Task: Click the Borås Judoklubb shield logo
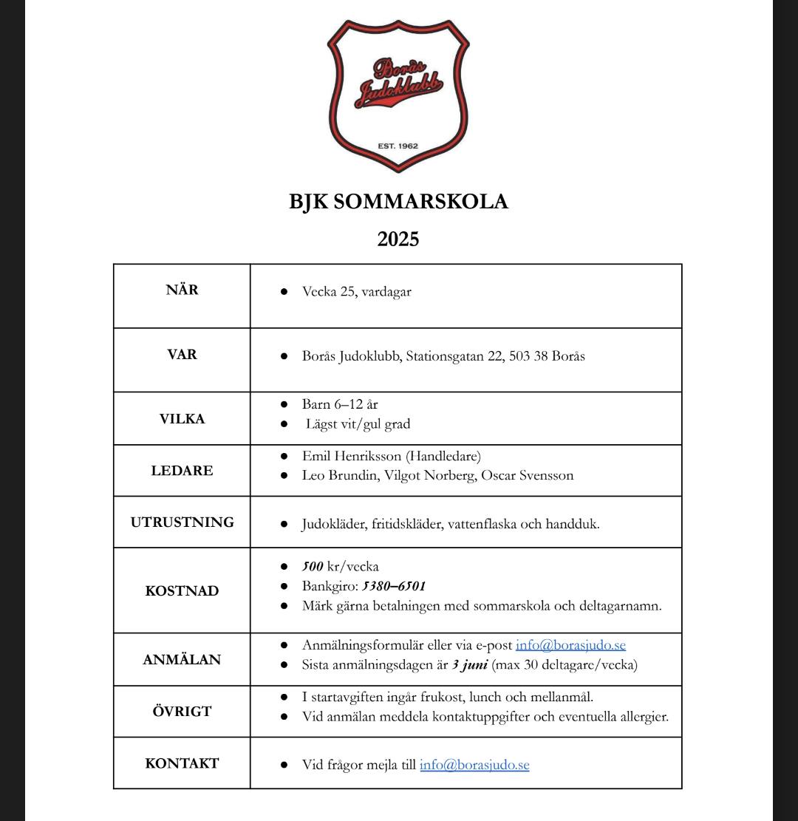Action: (398, 95)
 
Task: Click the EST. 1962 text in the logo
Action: (398, 146)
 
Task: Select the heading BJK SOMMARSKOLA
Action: (398, 202)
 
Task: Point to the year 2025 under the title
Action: (398, 239)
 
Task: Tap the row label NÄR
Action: (182, 290)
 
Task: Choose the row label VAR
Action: (182, 354)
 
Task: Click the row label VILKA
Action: (182, 419)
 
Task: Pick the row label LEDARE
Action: (182, 471)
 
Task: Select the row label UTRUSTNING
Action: (182, 522)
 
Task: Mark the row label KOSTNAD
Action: (182, 591)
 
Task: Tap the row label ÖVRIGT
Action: (182, 712)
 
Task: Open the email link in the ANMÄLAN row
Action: (570, 645)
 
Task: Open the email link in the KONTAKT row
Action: (474, 765)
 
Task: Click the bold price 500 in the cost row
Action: (313, 567)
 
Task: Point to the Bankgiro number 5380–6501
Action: (393, 586)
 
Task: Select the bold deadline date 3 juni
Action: (469, 664)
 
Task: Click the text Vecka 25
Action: (329, 291)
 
